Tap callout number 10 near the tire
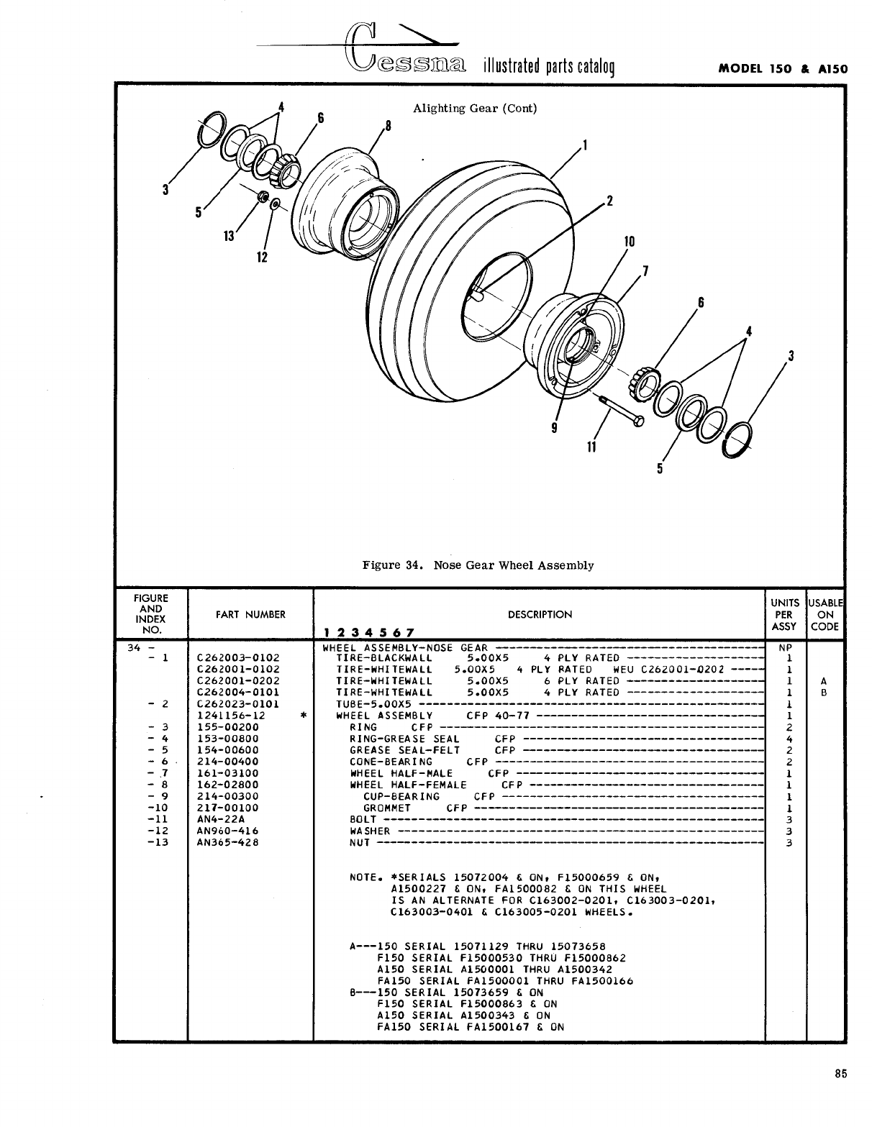point(629,242)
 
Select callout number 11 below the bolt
point(591,447)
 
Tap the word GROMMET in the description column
point(386,808)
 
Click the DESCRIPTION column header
point(540,614)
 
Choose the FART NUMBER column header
point(250,614)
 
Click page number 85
point(841,1074)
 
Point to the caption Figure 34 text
point(478,565)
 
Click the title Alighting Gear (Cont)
point(475,109)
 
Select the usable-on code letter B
point(825,692)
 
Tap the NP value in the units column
point(786,647)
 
